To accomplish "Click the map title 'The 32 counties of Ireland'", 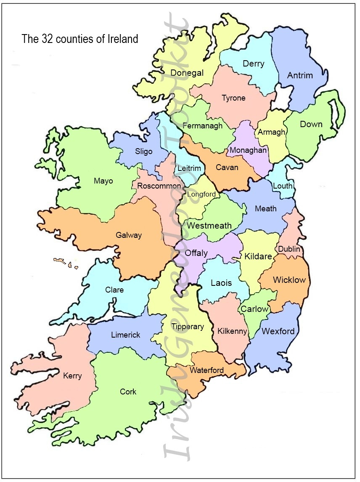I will coord(80,39).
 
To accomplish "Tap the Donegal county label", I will coord(187,73).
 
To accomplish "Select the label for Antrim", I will coord(300,75).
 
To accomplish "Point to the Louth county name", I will coord(283,186).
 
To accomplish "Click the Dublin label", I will coord(289,249).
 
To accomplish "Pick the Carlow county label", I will coord(254,309).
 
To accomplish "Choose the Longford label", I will coord(201,194).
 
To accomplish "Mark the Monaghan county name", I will coord(248,150).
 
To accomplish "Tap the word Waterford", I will coord(206,370).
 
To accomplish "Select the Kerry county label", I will coord(72,376).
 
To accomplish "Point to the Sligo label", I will coord(144,151).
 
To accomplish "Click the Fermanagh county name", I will coord(202,126).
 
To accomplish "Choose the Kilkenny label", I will coord(232,331).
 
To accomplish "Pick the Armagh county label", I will coord(271,132).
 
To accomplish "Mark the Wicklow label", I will coord(289,280).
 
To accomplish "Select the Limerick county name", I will coord(126,335).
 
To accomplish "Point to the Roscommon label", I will coord(156,186).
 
